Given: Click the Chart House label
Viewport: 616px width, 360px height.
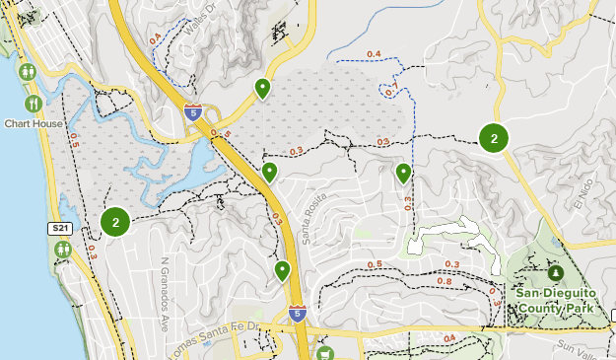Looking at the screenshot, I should click(x=34, y=124).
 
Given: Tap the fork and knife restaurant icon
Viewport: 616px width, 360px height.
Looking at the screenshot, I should click(x=34, y=104).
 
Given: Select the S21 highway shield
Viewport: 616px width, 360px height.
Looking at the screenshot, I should click(x=61, y=229).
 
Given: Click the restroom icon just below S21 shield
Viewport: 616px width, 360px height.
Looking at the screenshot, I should click(x=62, y=250).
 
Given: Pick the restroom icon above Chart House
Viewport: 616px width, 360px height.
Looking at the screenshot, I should click(x=28, y=72).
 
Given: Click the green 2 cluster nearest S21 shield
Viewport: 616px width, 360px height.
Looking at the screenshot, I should click(x=115, y=222).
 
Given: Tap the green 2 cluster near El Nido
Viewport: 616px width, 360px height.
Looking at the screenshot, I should click(x=494, y=138).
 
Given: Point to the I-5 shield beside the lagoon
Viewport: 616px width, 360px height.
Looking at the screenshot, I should click(x=193, y=112).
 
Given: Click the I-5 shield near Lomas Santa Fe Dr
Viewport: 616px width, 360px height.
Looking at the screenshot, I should click(x=298, y=314).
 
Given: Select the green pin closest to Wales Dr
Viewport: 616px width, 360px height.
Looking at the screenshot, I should click(x=262, y=89).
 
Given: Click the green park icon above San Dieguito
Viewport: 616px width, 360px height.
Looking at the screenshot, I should click(x=555, y=272).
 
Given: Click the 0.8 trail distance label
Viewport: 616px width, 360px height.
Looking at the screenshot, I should click(x=444, y=282).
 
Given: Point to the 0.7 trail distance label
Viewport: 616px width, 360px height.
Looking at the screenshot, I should click(x=391, y=91).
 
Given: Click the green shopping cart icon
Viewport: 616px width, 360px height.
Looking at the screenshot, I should click(x=325, y=352).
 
